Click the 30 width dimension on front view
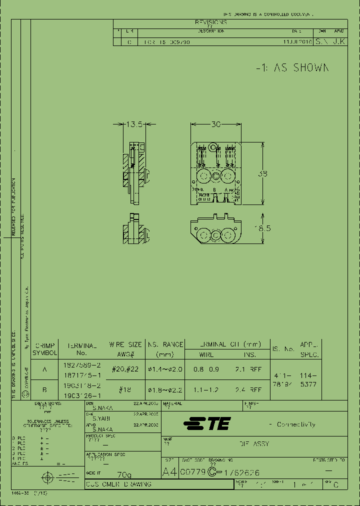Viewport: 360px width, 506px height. coord(215,124)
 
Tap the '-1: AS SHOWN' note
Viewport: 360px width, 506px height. coord(292,68)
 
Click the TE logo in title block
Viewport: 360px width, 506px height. coord(207,424)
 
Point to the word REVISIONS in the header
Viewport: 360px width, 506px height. coord(210,22)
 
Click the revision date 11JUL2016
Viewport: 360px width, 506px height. coord(297,43)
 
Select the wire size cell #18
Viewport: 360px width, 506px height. coord(125,389)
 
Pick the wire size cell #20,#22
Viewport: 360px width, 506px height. coord(125,369)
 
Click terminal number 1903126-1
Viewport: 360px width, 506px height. coord(82,394)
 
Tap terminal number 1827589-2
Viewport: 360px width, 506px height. coord(82,365)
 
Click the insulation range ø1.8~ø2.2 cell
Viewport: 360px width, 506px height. coord(164,389)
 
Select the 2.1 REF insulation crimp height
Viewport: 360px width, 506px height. coord(248,369)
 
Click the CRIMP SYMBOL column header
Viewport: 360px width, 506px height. coord(45,349)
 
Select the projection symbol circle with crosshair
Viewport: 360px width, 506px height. coord(47,477)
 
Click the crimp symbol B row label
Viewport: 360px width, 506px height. coord(45,389)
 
